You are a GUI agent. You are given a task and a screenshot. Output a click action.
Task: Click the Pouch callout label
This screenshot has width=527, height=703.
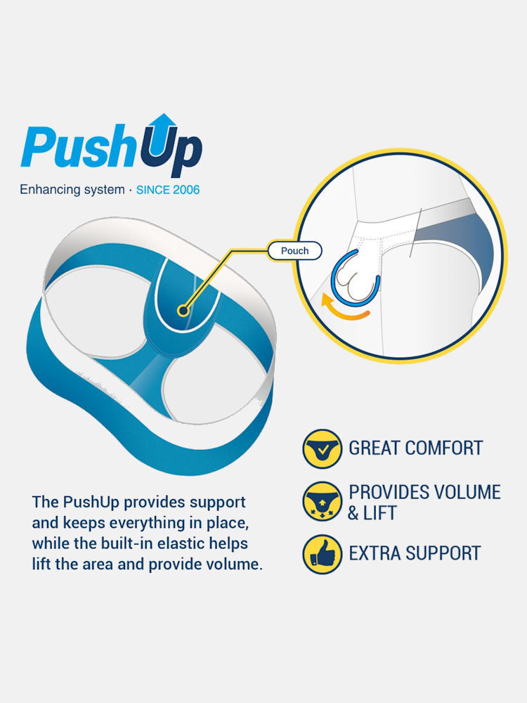pos(294,251)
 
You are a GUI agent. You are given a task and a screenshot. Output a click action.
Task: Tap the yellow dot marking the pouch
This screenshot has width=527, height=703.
pos(183,310)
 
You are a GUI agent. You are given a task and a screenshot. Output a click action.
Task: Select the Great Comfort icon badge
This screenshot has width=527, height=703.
pos(323,449)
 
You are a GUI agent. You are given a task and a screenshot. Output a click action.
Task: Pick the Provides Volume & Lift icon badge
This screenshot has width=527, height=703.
pos(323,502)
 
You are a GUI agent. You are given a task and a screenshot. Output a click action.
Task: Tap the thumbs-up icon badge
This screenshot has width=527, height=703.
pos(323,554)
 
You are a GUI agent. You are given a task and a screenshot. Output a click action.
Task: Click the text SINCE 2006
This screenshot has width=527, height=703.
pos(168,190)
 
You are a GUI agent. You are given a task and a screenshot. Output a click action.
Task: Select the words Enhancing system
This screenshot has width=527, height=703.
pos(72,190)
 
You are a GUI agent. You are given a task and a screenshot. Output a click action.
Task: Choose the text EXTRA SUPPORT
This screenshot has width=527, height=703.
pos(415,553)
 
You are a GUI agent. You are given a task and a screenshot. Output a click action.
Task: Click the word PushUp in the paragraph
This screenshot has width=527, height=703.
pos(91,503)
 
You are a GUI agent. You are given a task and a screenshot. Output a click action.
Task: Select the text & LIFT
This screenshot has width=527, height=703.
pos(372,513)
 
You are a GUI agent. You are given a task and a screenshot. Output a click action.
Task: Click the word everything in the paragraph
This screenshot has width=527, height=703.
pos(147,523)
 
